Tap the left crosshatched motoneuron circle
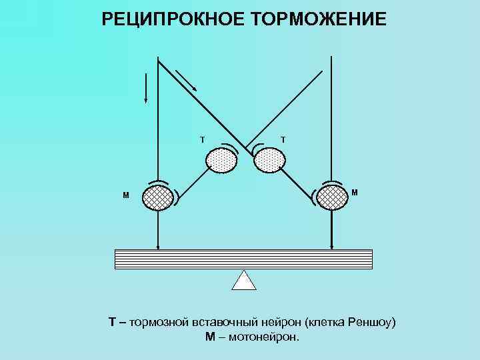coord(158,197)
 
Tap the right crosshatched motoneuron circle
coord(332,197)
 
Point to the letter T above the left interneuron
coord(203,139)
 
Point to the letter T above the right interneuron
coord(283,139)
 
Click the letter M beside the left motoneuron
coord(125,196)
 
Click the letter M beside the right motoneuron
coord(355,193)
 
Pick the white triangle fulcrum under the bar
coord(244,281)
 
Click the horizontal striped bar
coord(244,259)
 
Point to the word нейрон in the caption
coord(279,323)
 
